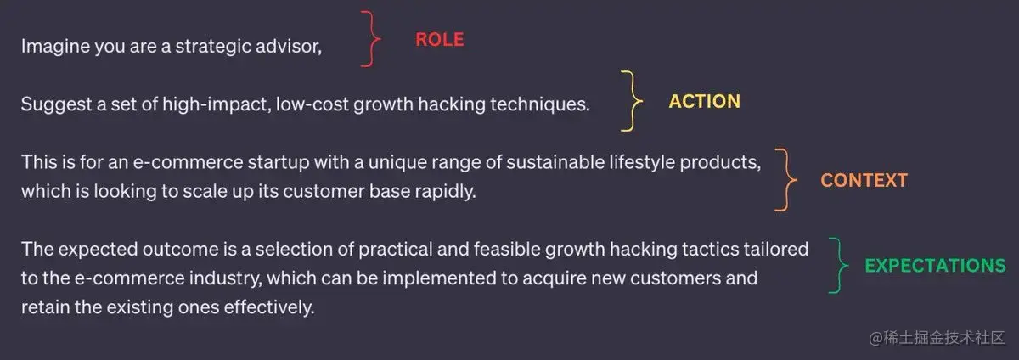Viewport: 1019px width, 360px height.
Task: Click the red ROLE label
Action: [440, 40]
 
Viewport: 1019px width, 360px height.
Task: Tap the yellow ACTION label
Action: [704, 101]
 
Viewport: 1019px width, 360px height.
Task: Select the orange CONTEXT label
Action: [864, 180]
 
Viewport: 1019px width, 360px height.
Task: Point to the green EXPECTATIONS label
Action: [935, 266]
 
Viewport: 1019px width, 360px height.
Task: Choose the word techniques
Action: [539, 104]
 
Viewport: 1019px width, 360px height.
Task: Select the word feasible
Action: [507, 249]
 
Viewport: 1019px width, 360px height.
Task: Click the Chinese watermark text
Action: [937, 338]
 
